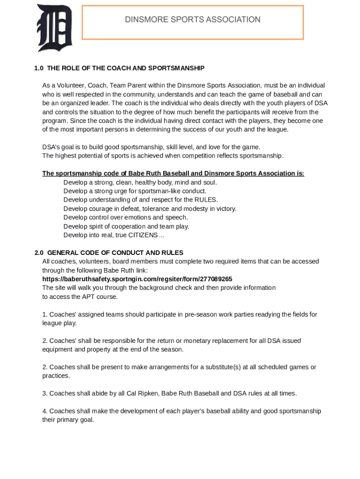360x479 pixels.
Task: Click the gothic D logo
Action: [x=54, y=28]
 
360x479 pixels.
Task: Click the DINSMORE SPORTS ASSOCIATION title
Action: [x=192, y=20]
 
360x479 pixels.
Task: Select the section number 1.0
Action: [x=39, y=68]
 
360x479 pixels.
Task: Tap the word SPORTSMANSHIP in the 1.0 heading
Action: [x=176, y=68]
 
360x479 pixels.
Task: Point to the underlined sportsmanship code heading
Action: [x=173, y=174]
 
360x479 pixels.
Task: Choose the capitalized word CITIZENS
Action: [x=140, y=235]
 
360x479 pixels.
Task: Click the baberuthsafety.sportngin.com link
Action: [x=137, y=279]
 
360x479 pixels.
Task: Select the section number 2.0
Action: [x=39, y=253]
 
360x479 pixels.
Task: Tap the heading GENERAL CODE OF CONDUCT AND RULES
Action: [x=115, y=253]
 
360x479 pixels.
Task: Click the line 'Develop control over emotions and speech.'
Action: [x=125, y=218]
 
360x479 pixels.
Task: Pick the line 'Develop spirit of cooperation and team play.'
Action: [x=126, y=226]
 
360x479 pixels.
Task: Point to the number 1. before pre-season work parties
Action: [x=45, y=314]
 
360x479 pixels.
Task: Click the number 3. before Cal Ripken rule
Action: [x=45, y=393]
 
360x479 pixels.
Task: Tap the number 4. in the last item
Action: [x=45, y=411]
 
